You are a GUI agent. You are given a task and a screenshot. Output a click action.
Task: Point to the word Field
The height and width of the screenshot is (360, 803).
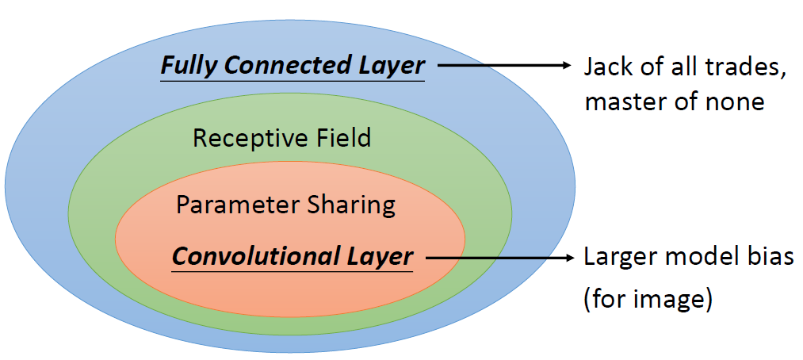[x=341, y=139]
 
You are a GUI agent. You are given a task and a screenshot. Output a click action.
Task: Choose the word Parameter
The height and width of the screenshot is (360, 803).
[x=237, y=205]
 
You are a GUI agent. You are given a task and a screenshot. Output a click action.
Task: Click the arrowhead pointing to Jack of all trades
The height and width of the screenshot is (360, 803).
[x=564, y=66]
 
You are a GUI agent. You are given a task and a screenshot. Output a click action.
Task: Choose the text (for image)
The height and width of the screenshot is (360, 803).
[x=648, y=301]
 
